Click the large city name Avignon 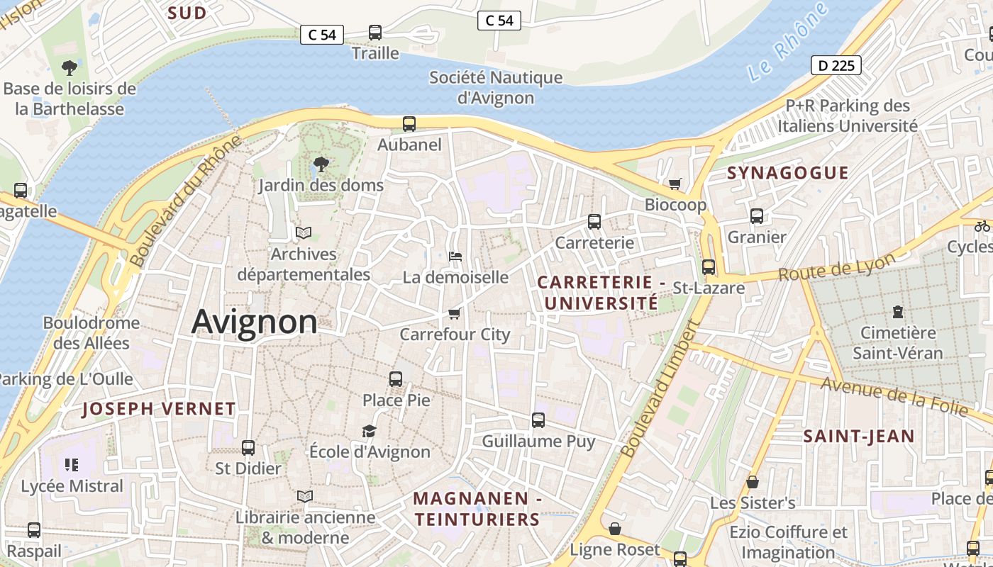255,322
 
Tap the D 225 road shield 836,66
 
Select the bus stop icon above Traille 375,33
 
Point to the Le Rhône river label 787,42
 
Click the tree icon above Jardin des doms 321,164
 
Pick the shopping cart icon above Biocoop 675,184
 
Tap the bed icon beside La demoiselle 455,257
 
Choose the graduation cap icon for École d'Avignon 369,431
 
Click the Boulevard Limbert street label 660,388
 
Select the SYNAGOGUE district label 787,173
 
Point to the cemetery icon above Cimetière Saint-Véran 898,312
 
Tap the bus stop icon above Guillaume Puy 538,420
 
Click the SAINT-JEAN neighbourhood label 859,437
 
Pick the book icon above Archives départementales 304,232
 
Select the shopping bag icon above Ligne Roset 615,529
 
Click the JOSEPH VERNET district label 158,409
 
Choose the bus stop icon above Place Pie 396,379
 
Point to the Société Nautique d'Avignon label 496,88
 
